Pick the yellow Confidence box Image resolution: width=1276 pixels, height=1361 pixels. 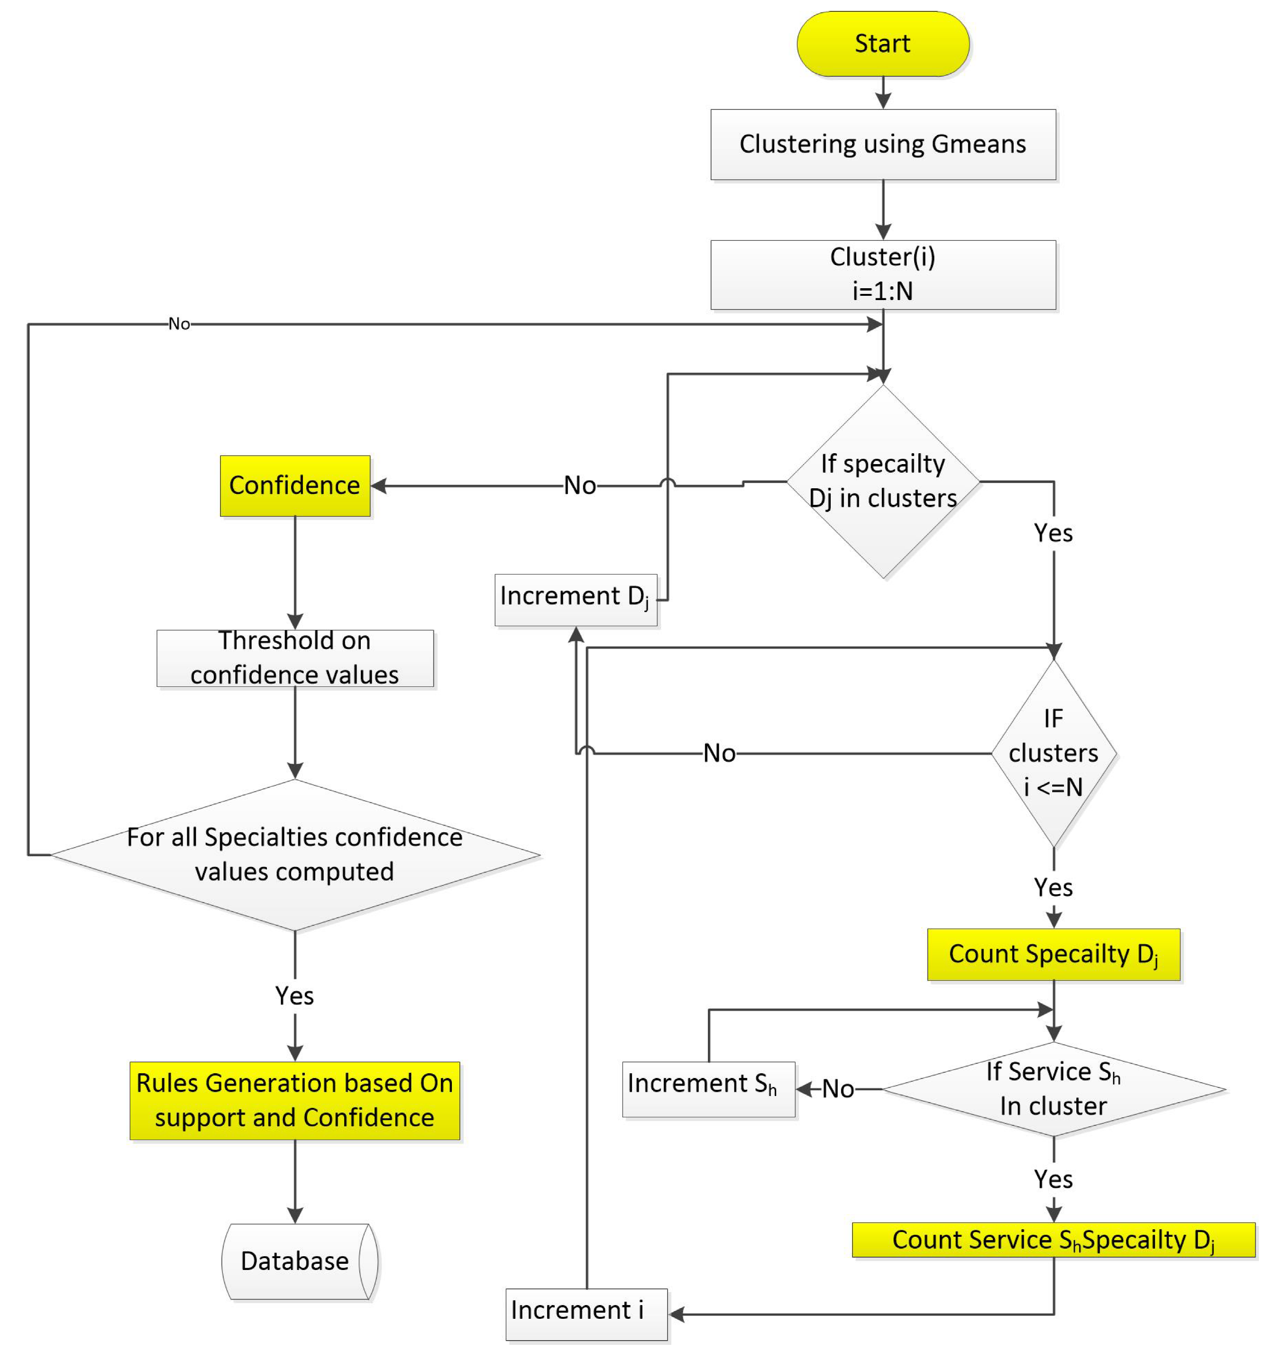(x=294, y=485)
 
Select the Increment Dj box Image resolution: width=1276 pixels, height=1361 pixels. (x=575, y=600)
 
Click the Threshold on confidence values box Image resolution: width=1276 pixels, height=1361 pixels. (x=294, y=658)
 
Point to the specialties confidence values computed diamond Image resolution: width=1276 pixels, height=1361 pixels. (x=294, y=854)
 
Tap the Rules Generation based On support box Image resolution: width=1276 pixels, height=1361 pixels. (x=294, y=1100)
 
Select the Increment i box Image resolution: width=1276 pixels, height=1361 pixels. (x=586, y=1314)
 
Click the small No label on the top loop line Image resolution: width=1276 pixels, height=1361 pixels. (x=179, y=324)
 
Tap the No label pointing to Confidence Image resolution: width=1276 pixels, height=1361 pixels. (x=579, y=485)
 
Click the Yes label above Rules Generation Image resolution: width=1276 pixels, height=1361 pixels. (x=294, y=996)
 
